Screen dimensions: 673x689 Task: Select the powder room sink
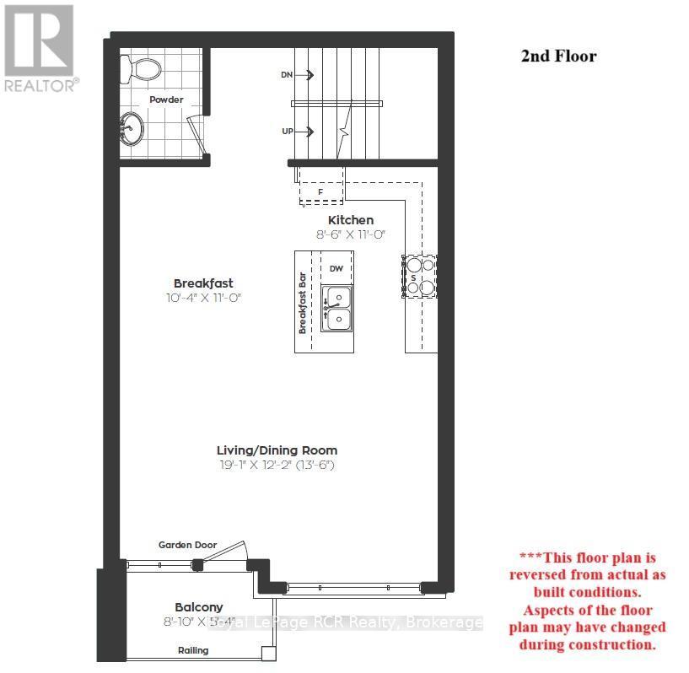[132, 131]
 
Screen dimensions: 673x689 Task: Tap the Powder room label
[166, 100]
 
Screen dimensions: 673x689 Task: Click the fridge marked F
[320, 191]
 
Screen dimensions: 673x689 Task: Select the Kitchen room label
[350, 220]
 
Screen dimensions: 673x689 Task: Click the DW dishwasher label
[336, 268]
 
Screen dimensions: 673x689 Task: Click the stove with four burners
[420, 276]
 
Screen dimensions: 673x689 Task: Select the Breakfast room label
[203, 283]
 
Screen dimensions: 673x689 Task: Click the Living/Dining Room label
[277, 450]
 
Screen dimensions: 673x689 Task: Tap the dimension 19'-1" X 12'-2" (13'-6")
[277, 466]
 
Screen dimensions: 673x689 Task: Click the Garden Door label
[187, 545]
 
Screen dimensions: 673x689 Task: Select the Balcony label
[199, 607]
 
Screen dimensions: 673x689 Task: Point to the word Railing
[193, 650]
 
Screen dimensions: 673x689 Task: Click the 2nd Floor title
[557, 57]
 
